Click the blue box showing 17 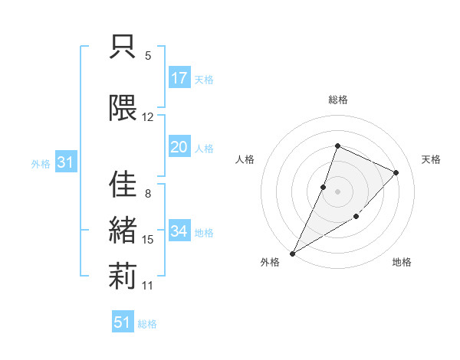coord(179,78)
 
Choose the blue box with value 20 coord(179,147)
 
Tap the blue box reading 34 coord(179,231)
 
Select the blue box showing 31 coord(65,162)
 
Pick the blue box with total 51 coord(123,322)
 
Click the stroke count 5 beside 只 coord(148,56)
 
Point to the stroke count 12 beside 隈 coord(148,117)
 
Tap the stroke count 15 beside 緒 coord(148,240)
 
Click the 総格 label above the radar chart coord(338,100)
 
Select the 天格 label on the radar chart coord(431,159)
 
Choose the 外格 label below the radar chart coord(270,263)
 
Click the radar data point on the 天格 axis coord(396,172)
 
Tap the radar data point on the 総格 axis coord(337,146)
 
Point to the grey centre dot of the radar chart coord(337,191)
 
